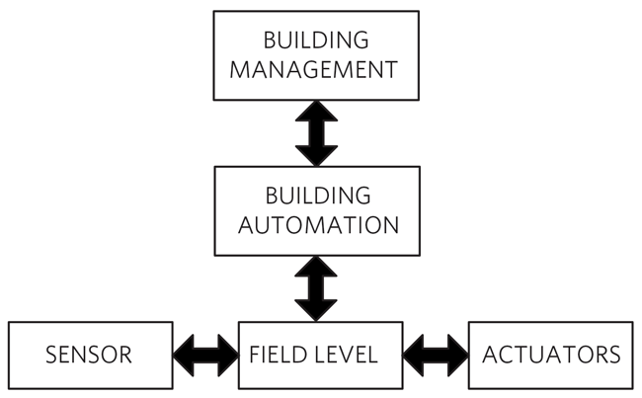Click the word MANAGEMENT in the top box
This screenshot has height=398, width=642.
pos(316,71)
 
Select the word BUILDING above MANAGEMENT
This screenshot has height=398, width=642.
pos(316,40)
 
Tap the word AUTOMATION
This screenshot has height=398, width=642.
pos(316,225)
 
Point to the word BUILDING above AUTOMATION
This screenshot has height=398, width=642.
pos(316,195)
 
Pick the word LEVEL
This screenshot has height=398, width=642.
pos(346,355)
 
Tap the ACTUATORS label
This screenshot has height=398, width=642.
pos(551,355)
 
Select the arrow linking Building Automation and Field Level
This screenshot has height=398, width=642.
pos(316,288)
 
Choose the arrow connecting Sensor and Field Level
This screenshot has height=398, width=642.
pos(206,355)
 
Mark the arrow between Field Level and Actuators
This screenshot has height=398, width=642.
pos(436,355)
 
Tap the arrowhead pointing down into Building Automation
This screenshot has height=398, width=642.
pos(316,155)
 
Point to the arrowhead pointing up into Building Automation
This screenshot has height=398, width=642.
pos(316,267)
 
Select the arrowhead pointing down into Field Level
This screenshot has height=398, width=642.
pos(316,310)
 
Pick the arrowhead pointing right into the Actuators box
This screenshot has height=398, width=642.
pos(456,355)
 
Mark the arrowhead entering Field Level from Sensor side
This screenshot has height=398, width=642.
pos(228,355)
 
